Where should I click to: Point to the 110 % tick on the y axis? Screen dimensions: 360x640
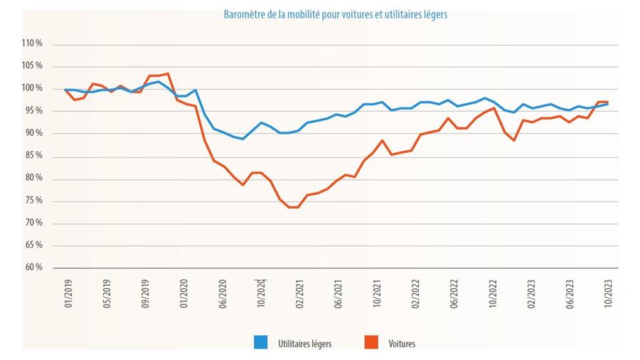(33, 43)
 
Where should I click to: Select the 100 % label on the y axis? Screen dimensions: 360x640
(33, 88)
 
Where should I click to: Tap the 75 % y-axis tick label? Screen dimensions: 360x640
(33, 201)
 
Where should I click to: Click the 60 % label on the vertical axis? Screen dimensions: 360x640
(33, 268)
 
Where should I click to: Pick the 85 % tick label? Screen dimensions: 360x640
(33, 156)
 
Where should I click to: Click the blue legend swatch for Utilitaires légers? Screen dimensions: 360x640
(260, 343)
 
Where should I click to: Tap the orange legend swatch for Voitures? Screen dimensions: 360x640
(371, 343)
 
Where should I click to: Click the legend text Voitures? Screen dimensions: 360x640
(402, 344)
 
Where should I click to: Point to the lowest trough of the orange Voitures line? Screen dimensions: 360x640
(293, 207)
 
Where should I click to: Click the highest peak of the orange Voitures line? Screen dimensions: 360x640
(168, 73)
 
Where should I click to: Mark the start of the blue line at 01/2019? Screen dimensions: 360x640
(65, 90)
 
